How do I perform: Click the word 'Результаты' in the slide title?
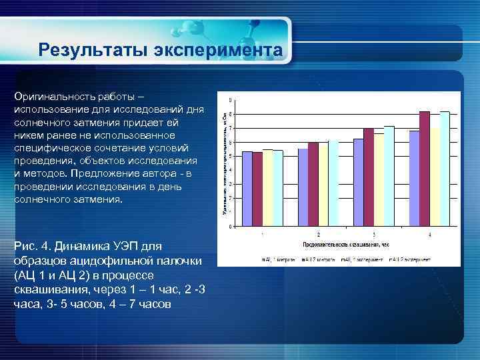click(x=91, y=51)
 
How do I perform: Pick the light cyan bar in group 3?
click(x=389, y=176)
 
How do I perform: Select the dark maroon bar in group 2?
click(x=313, y=184)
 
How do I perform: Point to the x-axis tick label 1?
click(x=262, y=235)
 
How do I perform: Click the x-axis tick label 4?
click(x=429, y=235)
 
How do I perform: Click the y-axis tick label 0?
click(x=231, y=227)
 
